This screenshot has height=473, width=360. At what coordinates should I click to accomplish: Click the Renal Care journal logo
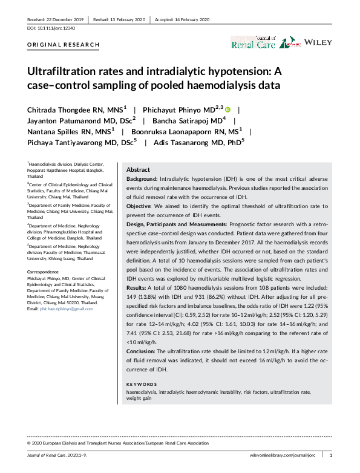(253, 43)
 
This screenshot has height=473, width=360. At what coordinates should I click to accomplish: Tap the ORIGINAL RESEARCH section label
(54, 45)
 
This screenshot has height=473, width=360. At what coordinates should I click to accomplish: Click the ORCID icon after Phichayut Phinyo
(228, 110)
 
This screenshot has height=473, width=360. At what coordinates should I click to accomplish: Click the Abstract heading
(138, 170)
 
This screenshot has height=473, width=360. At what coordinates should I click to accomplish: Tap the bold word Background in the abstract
(141, 180)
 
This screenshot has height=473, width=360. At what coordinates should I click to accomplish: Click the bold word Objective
(139, 207)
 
